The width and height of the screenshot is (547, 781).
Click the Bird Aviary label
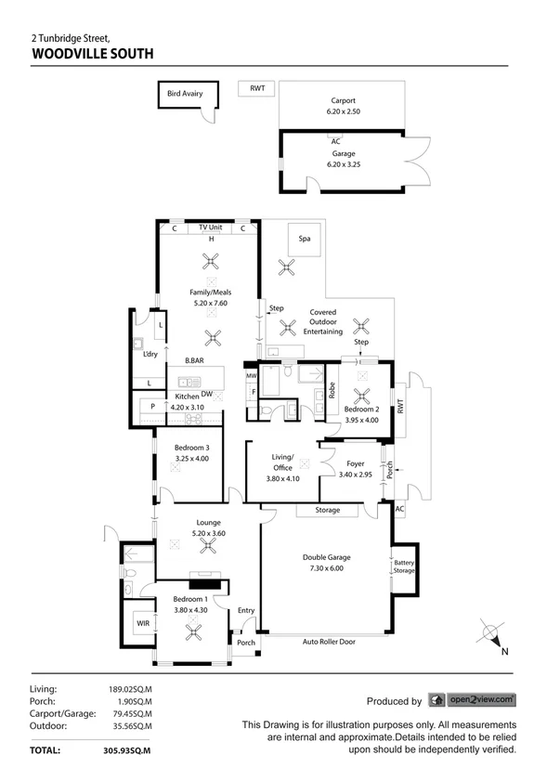pos(185,94)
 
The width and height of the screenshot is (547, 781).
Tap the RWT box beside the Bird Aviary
pos(257,88)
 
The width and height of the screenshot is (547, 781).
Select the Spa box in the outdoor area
pos(304,239)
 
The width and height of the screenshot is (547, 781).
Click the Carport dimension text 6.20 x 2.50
pos(343,111)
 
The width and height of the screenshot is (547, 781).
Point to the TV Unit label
pos(210,228)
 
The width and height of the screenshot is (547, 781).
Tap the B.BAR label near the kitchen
pos(194,360)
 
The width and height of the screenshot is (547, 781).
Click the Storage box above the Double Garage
pos(327,510)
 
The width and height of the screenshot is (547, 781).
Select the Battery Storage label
pos(404,566)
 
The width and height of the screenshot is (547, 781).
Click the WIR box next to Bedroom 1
pos(144,624)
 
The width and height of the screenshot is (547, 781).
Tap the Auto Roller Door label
pos(329,641)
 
